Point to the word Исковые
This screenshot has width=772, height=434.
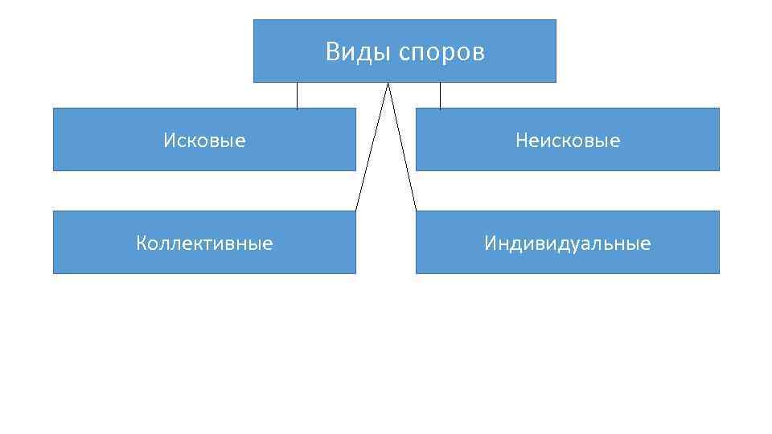(204, 141)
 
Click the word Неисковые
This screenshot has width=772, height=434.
(568, 141)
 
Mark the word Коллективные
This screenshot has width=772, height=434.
(204, 243)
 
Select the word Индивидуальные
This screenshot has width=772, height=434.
(568, 244)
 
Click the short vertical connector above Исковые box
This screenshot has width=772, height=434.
(297, 96)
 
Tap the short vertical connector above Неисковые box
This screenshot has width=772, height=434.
(440, 96)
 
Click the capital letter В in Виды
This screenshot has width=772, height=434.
(332, 53)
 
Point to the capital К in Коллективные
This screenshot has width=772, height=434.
(142, 243)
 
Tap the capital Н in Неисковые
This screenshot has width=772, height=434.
(522, 141)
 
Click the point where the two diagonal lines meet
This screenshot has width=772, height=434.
(389, 84)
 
